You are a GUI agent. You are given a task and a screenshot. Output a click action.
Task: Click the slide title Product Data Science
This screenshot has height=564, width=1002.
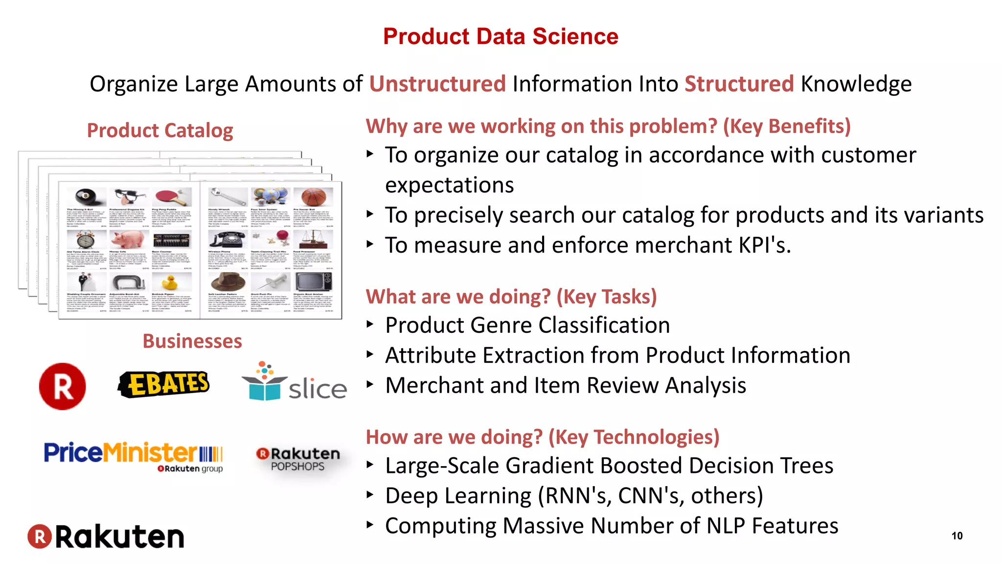(x=501, y=37)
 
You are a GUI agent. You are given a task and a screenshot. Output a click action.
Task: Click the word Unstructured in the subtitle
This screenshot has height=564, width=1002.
(x=437, y=84)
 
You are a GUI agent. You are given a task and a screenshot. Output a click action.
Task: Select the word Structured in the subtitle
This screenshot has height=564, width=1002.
(x=738, y=84)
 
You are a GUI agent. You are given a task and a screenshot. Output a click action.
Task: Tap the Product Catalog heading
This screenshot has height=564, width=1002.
(x=160, y=130)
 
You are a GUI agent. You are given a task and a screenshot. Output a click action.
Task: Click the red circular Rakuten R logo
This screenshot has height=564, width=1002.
(x=63, y=386)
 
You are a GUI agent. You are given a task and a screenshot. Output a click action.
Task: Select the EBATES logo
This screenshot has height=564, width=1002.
(x=164, y=384)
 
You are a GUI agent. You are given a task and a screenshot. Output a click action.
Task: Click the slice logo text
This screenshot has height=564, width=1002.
(x=318, y=389)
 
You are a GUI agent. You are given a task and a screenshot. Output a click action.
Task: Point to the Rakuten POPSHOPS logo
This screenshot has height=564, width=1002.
(x=298, y=459)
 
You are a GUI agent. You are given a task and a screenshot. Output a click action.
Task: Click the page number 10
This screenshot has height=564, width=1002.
(x=956, y=536)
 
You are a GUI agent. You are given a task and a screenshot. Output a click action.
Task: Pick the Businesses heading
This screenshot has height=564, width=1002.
(x=192, y=341)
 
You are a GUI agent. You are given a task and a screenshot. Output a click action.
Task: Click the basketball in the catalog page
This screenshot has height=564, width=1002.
(x=313, y=197)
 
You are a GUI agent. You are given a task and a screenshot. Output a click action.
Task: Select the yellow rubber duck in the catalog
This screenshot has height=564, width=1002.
(x=169, y=282)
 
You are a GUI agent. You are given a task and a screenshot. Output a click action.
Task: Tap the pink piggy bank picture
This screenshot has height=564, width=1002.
(x=128, y=240)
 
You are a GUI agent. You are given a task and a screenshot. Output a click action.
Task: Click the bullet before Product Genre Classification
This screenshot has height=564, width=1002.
(x=370, y=324)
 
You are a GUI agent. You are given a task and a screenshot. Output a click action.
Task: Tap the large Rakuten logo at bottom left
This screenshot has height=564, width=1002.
(x=106, y=537)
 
